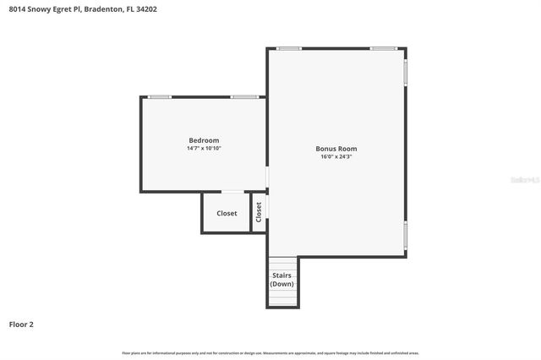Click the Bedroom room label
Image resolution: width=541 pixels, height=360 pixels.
point(204,140)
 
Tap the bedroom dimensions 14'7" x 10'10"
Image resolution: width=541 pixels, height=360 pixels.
point(204,148)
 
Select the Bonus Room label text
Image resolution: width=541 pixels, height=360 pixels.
point(336,149)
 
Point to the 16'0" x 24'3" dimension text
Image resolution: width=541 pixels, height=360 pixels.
point(336,156)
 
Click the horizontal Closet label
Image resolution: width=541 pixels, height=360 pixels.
point(227,214)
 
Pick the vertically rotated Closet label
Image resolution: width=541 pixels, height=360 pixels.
point(259,212)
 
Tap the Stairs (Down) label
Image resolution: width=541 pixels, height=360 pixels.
point(281,280)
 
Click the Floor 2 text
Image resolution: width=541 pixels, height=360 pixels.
point(21,324)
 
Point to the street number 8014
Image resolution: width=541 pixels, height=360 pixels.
point(17,9)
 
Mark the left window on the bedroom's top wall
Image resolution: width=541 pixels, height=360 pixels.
point(160,97)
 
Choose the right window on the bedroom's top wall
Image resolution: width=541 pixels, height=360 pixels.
point(244,97)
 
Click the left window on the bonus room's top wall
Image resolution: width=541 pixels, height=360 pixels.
point(289,48)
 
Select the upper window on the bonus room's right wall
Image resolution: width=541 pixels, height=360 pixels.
point(406,72)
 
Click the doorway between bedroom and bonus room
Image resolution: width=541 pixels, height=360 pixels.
point(267,177)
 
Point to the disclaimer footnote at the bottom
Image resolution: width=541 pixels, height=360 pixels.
point(270,352)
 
